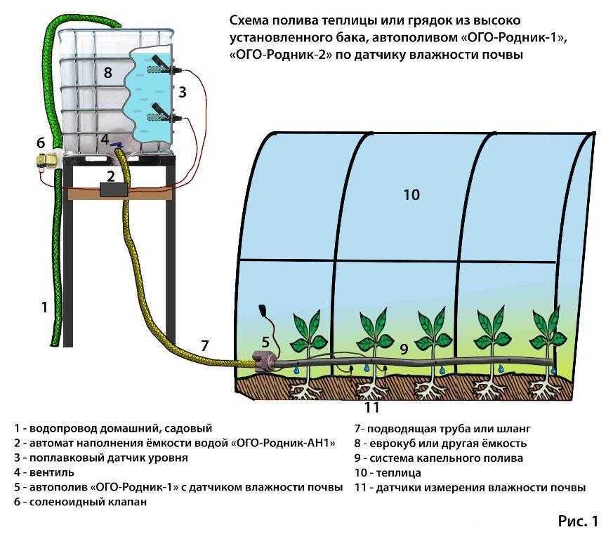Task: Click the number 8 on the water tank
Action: click(107, 72)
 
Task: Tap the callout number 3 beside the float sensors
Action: click(182, 91)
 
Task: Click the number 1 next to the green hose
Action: click(44, 307)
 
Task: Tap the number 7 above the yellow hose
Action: click(204, 345)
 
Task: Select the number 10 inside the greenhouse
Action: click(411, 194)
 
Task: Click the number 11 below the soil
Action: click(371, 407)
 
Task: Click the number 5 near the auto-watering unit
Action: click(265, 342)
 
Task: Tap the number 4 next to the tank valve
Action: click(104, 139)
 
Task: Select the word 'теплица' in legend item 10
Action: click(402, 473)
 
